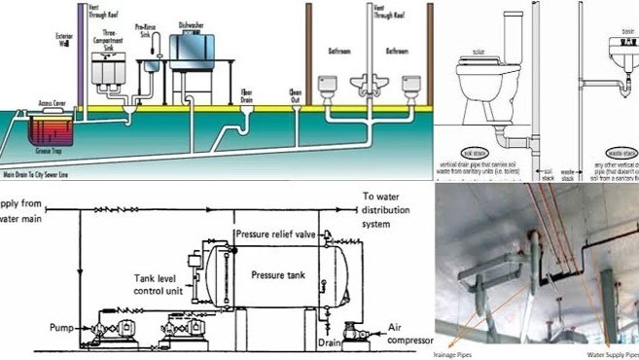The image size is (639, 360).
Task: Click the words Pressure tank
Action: [278, 274]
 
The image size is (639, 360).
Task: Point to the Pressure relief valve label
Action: [275, 234]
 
